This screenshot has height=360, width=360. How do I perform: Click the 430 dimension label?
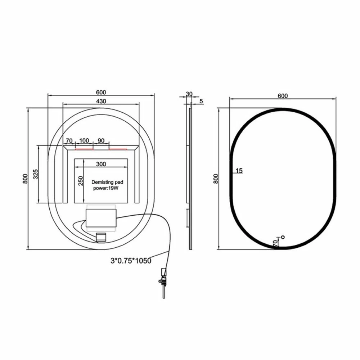[x=101, y=101]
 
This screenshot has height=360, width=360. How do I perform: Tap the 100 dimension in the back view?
[x=84, y=140]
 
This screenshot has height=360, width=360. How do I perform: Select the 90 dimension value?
[x=101, y=140]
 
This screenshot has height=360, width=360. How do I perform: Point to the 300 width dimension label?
[x=101, y=164]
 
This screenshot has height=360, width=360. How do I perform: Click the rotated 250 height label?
[x=81, y=180]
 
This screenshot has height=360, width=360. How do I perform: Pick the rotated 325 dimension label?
[x=35, y=174]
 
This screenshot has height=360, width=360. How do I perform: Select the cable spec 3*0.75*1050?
[x=131, y=260]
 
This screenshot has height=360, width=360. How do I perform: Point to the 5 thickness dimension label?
[x=201, y=102]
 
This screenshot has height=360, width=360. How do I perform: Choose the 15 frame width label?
[x=238, y=170]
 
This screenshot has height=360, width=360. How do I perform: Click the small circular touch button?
[x=283, y=237]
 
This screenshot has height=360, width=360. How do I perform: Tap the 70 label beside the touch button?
[x=275, y=243]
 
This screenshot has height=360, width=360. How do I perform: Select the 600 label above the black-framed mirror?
[x=283, y=95]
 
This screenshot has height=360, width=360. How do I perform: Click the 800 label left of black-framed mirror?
[x=216, y=179]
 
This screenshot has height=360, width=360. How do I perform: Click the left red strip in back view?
[x=84, y=148]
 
